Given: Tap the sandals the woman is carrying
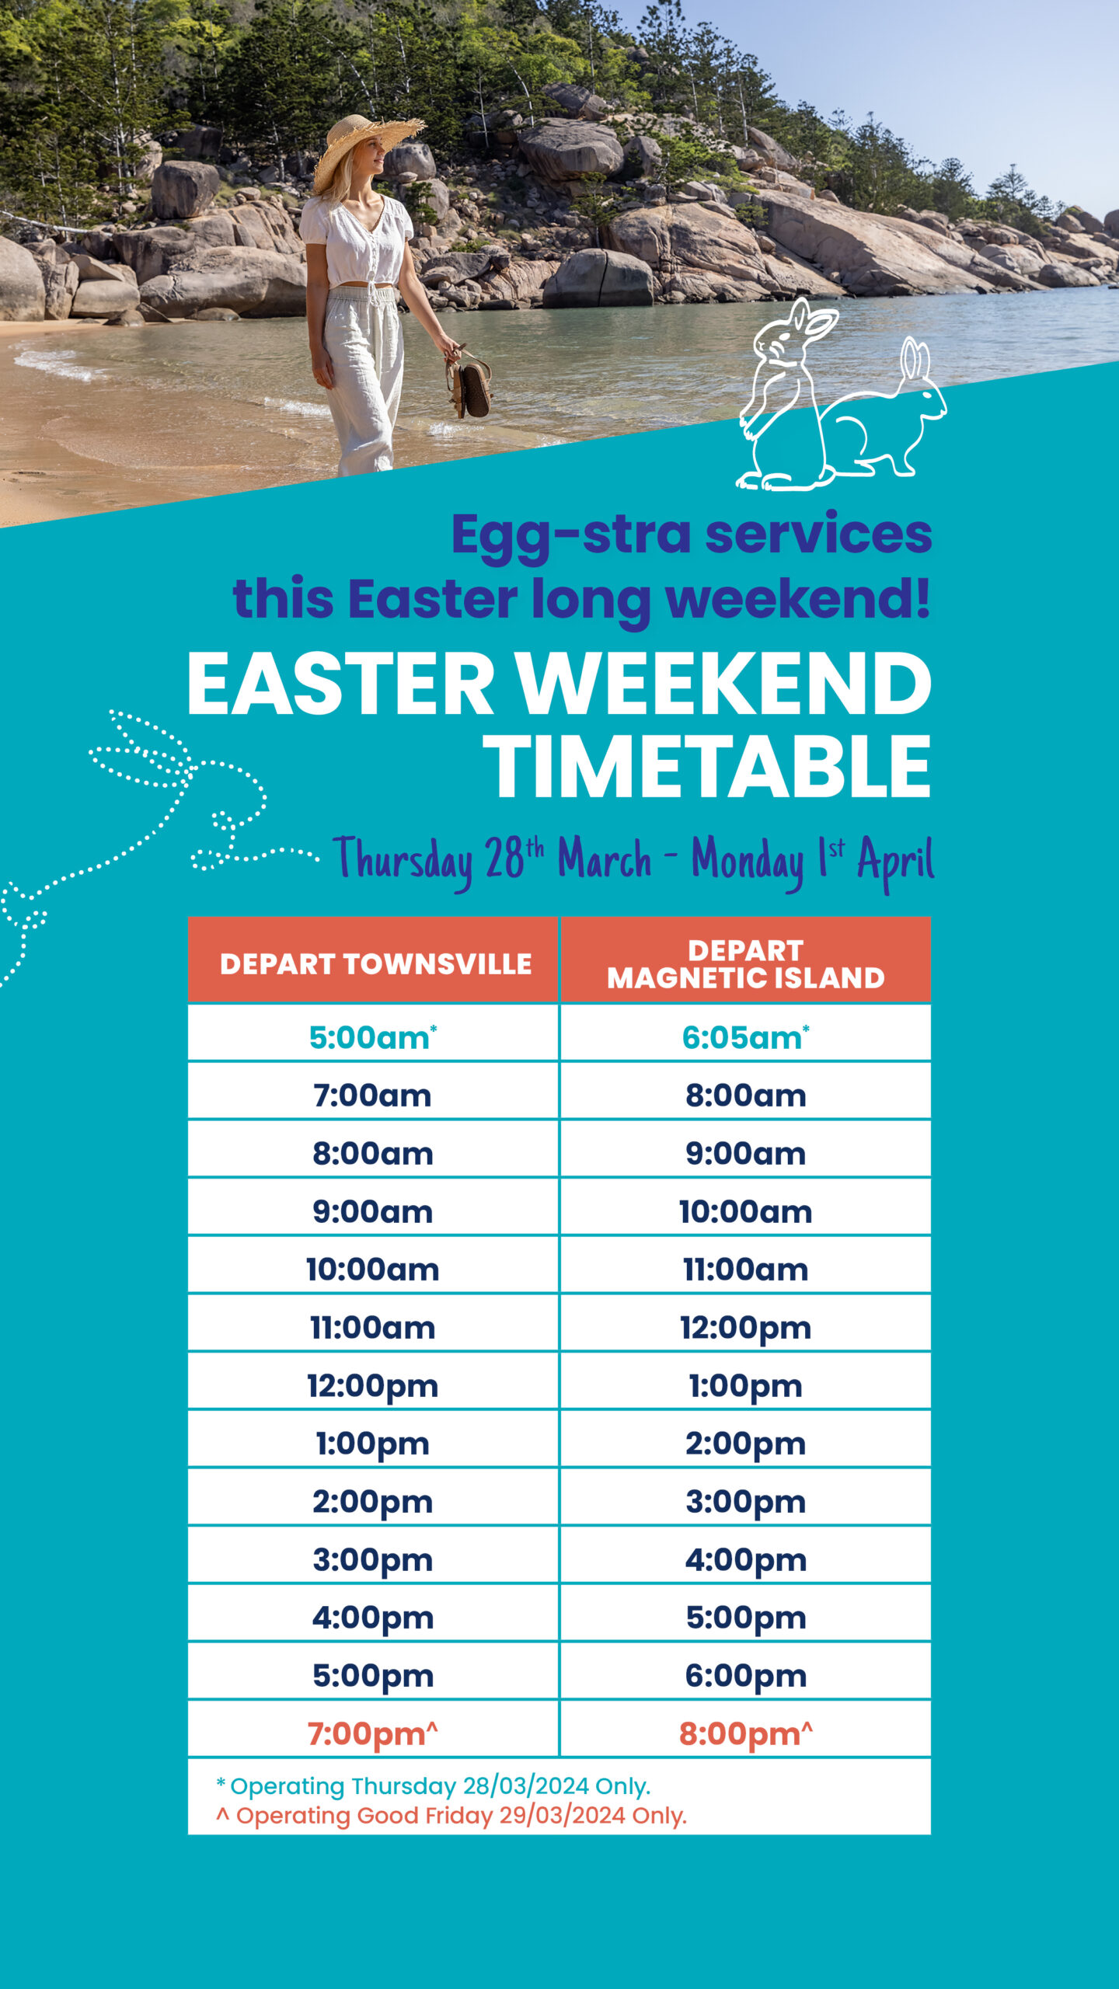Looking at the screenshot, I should pyautogui.click(x=470, y=385).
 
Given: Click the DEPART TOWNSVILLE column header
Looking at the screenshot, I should pyautogui.click(x=375, y=963).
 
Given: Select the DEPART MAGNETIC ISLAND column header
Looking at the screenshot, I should pyautogui.click(x=745, y=963).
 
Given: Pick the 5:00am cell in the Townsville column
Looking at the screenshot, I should pyautogui.click(x=372, y=1037).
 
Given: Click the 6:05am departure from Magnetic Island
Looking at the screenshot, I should pyautogui.click(x=745, y=1037).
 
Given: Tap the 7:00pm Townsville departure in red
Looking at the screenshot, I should pyautogui.click(x=372, y=1733).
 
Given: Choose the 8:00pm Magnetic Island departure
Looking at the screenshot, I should pyautogui.click(x=745, y=1733).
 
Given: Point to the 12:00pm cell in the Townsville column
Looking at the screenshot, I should pyautogui.click(x=372, y=1386).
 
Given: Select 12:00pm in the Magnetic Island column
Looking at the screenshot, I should pyautogui.click(x=745, y=1328).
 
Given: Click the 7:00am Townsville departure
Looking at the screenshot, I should pyautogui.click(x=372, y=1096).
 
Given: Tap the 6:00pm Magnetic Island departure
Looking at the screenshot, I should pyautogui.click(x=745, y=1675).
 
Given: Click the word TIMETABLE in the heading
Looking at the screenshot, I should pyautogui.click(x=707, y=767).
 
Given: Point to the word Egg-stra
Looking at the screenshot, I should pyautogui.click(x=571, y=535).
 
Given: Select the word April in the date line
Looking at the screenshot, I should pyautogui.click(x=895, y=861).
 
